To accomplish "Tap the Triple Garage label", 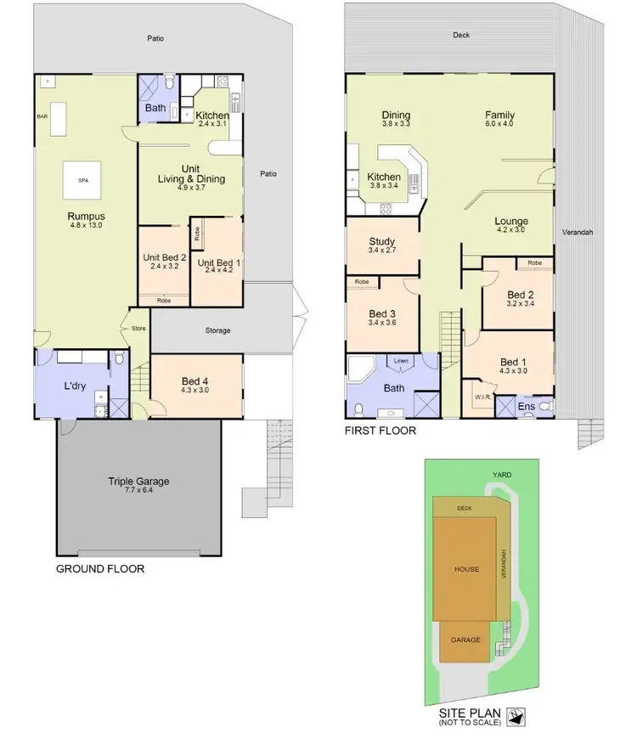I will (x=138, y=482).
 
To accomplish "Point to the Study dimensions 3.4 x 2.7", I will (x=381, y=251).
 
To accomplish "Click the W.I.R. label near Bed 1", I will (x=482, y=397).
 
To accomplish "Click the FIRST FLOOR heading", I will (x=380, y=431).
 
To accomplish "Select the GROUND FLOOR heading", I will (x=99, y=569).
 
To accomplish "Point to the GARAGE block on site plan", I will (x=465, y=640).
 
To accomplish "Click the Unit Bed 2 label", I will (x=164, y=258).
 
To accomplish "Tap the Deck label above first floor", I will (x=460, y=36).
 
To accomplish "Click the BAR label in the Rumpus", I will (x=42, y=116).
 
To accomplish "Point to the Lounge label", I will (x=512, y=221).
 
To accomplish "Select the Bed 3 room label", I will (x=382, y=313).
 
